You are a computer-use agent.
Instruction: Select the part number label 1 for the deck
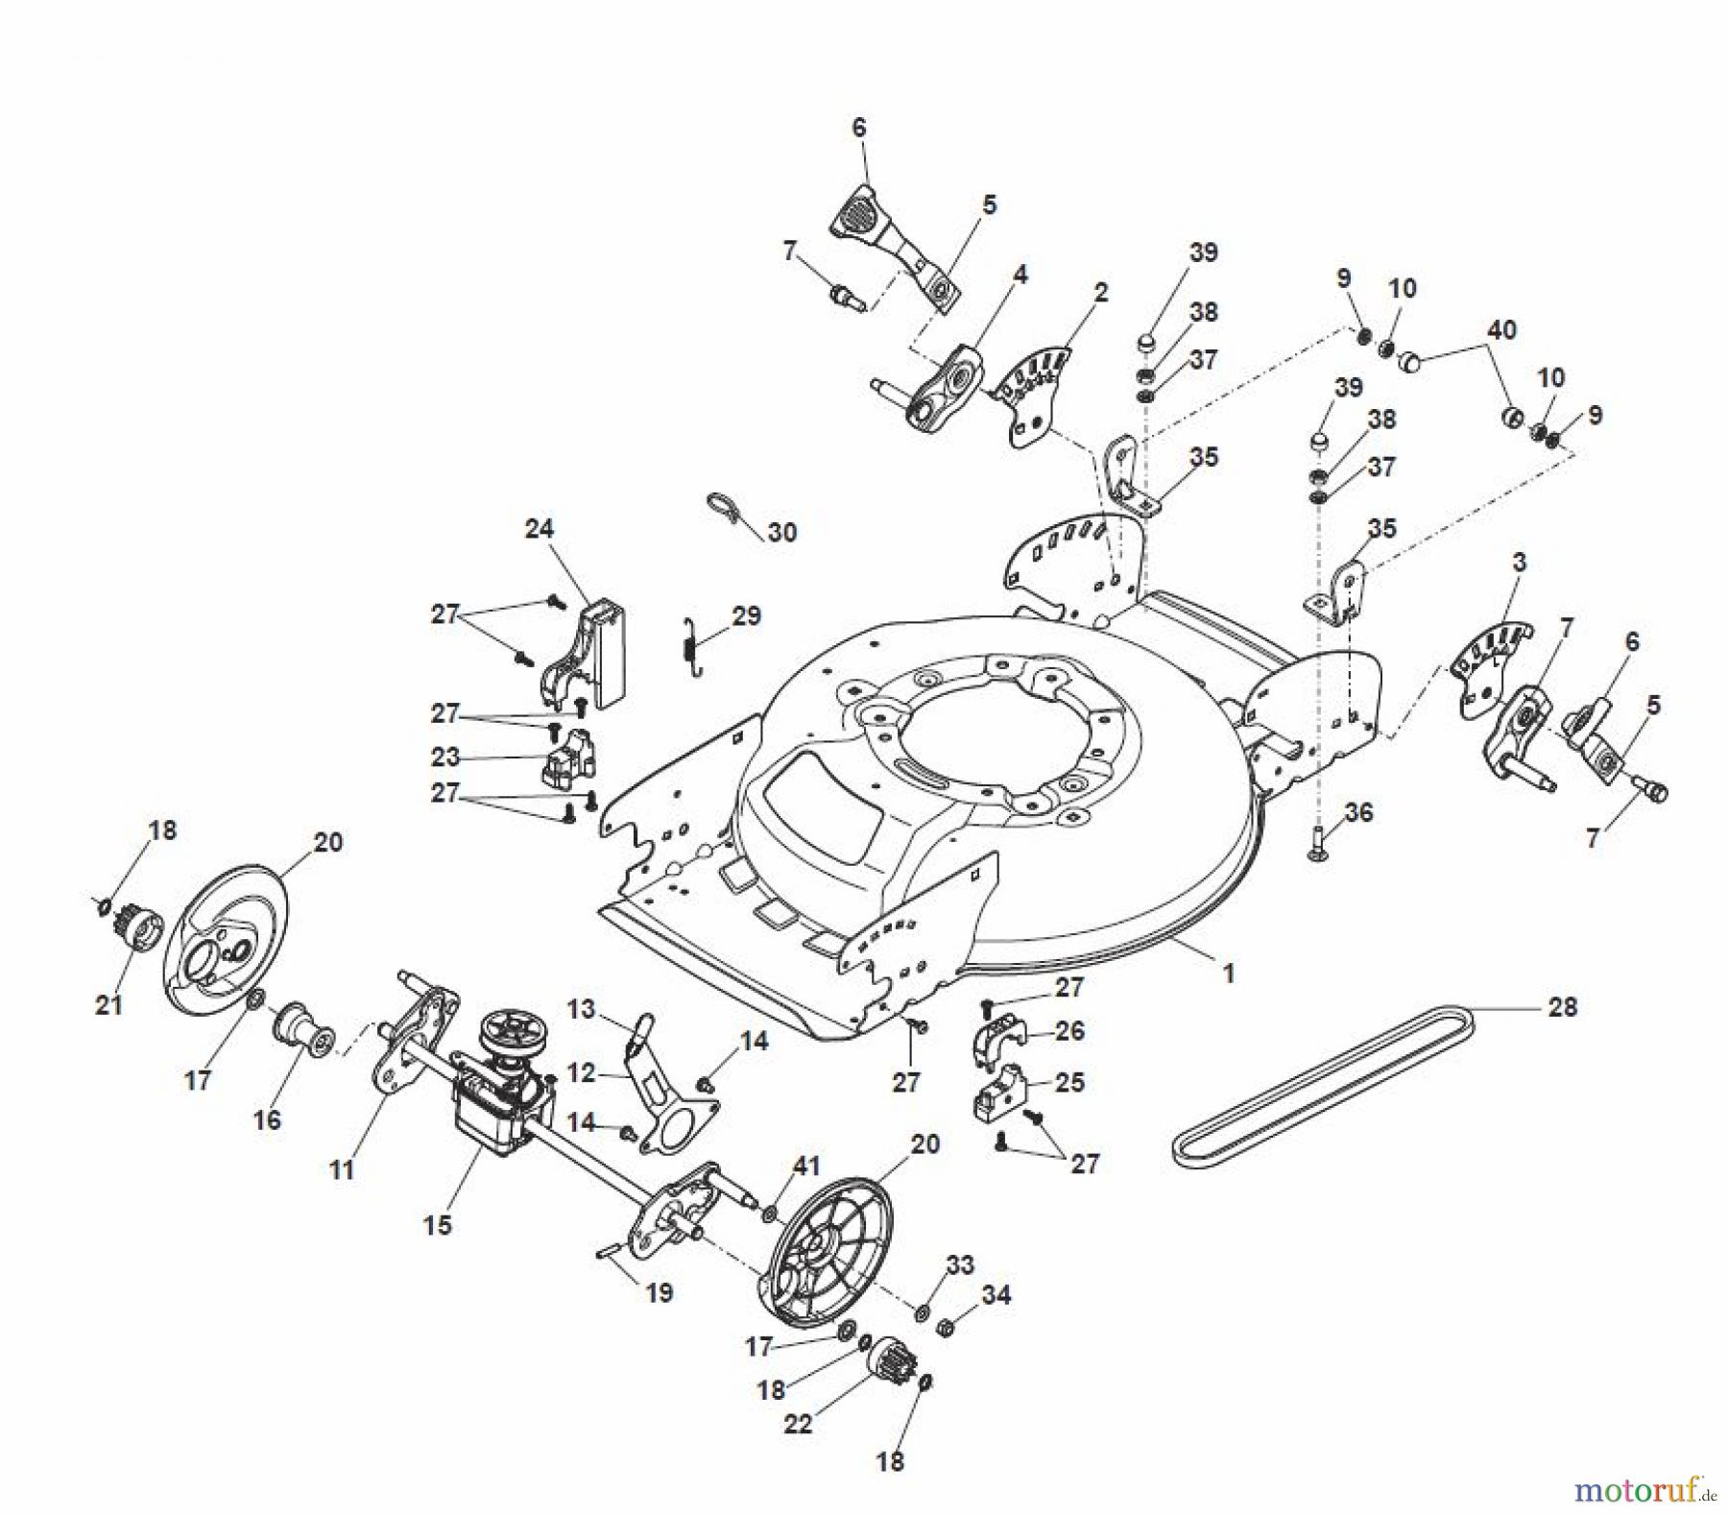(x=1228, y=973)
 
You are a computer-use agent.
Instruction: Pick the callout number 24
(x=540, y=528)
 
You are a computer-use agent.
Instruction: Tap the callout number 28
(x=1563, y=1007)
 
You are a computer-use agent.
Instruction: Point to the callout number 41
(x=807, y=1166)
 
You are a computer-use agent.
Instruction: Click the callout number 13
(x=581, y=1009)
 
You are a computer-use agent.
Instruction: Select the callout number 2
(x=1100, y=292)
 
